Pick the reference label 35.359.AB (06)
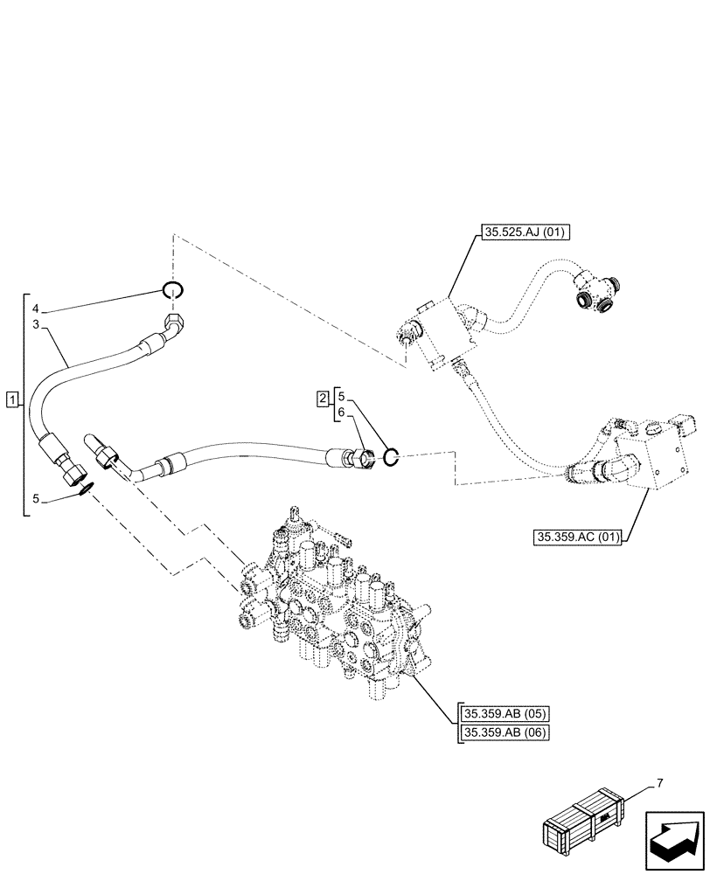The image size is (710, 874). [x=502, y=732]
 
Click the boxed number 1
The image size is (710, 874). [x=10, y=400]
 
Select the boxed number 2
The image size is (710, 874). [x=322, y=399]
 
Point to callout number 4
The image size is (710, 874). [x=36, y=309]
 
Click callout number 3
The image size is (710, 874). [x=36, y=324]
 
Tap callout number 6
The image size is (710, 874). [x=342, y=412]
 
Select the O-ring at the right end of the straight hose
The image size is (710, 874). [x=391, y=454]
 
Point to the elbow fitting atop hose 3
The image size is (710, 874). [x=173, y=328]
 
